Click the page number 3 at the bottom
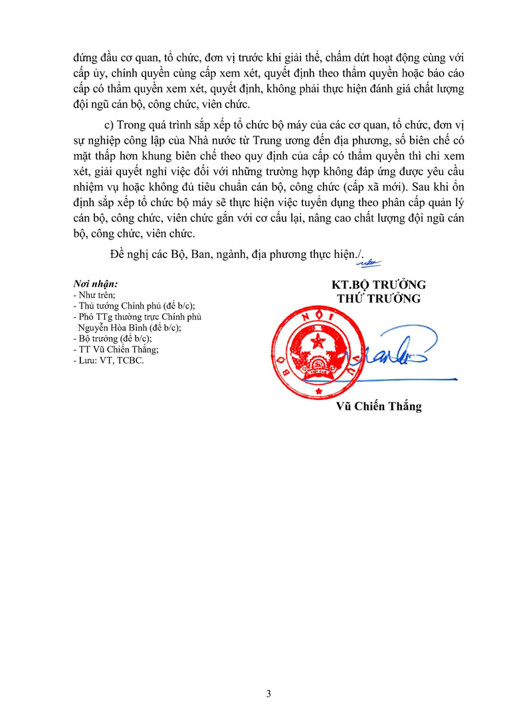click(x=268, y=694)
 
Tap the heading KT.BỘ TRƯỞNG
click(x=379, y=285)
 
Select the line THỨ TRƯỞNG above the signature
click(x=379, y=299)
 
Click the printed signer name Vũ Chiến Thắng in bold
click(x=378, y=406)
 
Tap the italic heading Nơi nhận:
click(x=96, y=284)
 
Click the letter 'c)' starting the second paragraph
click(x=102, y=128)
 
